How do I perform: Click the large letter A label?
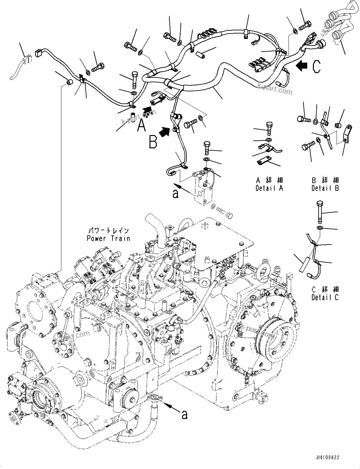click(x=142, y=126)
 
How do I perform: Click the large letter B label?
click(x=153, y=142)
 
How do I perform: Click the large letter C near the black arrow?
click(x=316, y=67)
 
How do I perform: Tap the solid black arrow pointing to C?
click(x=302, y=66)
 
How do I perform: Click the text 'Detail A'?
click(x=269, y=188)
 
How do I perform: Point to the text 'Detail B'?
click(x=325, y=188)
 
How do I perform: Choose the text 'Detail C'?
click(x=325, y=297)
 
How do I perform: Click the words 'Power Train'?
click(x=108, y=238)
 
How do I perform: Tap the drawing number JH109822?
click(x=327, y=457)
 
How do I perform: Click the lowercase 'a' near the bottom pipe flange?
click(x=185, y=415)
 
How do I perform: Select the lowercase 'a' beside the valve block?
click(x=175, y=193)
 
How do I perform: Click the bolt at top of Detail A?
click(x=269, y=128)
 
